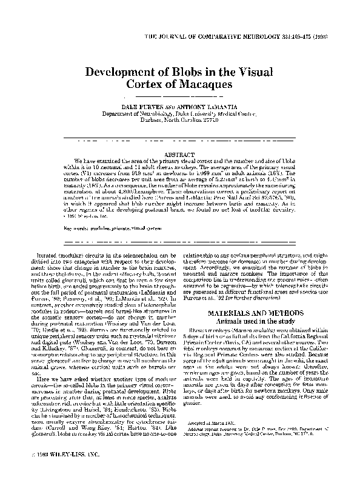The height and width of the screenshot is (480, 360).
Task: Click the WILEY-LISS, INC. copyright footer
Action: (55, 455)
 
